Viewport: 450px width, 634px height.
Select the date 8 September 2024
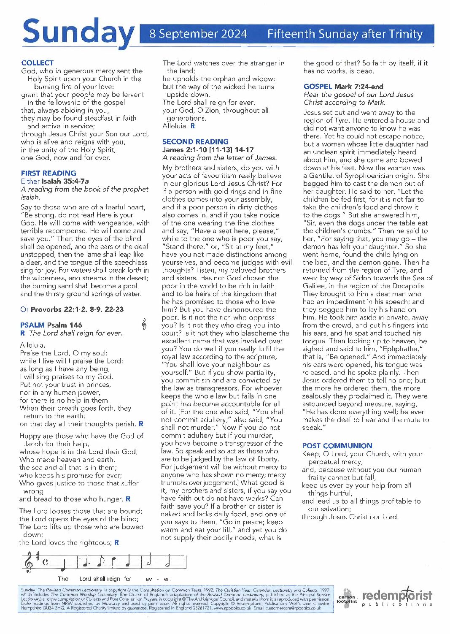198,34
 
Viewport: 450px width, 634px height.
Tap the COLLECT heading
37,63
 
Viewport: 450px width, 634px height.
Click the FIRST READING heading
49,173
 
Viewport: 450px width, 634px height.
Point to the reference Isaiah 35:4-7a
65,181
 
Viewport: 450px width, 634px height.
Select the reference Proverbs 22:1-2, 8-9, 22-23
77,309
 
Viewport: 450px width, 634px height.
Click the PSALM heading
32,325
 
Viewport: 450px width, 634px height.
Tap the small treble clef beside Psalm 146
144,324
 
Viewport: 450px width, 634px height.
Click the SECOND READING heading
195,142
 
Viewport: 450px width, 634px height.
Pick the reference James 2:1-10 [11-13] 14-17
208,149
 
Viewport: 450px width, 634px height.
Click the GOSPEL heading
318,87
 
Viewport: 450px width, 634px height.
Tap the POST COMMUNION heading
337,446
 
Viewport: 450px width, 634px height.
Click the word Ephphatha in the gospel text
399,349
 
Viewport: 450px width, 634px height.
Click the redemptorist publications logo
397,597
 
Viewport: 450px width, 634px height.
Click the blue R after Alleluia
193,126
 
